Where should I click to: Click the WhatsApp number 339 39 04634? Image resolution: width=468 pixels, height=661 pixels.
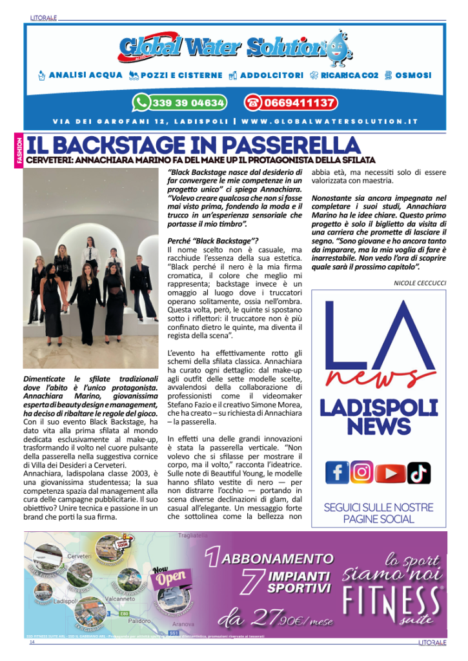[188, 103]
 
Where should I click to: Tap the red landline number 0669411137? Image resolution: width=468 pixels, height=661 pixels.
[299, 103]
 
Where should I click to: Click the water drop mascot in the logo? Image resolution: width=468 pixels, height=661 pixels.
[336, 50]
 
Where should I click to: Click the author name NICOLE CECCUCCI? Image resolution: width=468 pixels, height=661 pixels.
[420, 283]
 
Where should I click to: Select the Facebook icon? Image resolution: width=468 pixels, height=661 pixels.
[337, 473]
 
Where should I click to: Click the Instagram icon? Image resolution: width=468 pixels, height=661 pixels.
[362, 473]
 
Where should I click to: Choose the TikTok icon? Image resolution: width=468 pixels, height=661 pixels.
[418, 473]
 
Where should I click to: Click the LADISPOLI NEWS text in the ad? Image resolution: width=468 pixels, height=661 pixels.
[378, 417]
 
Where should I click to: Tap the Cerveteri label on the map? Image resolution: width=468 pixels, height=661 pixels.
[79, 556]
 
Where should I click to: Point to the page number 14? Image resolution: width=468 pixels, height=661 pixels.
[31, 643]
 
